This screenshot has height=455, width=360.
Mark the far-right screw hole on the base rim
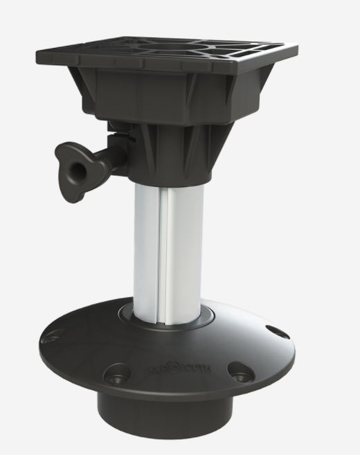click(276, 332)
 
